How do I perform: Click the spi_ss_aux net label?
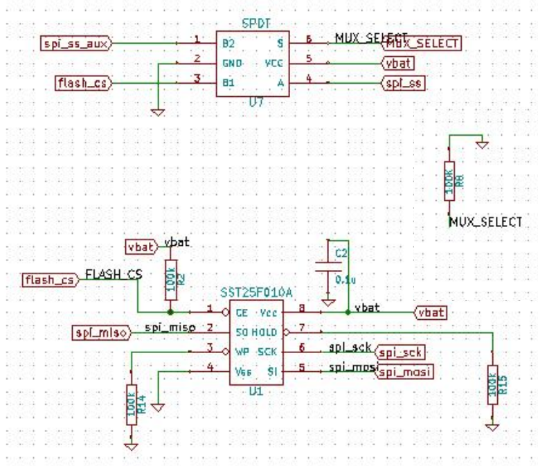click(x=76, y=43)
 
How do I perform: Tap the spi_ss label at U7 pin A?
click(x=402, y=84)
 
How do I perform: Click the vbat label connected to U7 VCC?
click(x=398, y=63)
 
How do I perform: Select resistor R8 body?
click(x=450, y=183)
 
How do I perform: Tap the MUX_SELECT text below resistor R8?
click(x=485, y=222)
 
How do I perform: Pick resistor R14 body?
click(x=132, y=409)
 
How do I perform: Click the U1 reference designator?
click(x=257, y=391)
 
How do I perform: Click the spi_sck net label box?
click(x=401, y=352)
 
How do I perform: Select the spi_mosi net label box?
click(x=404, y=373)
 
